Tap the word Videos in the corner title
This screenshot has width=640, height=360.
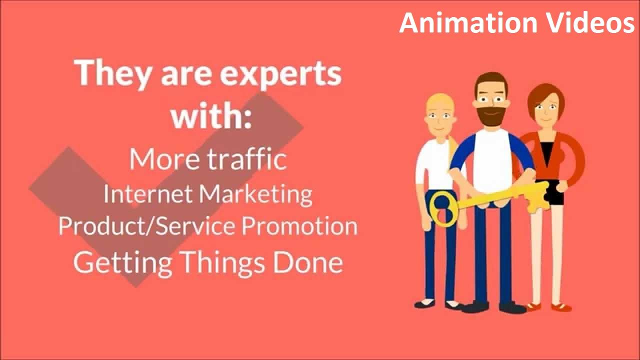point(587,23)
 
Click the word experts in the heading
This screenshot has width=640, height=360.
point(280,73)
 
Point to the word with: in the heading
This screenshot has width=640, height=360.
point(210,115)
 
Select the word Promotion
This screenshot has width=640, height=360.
point(299,226)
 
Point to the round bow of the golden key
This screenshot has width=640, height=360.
point(442,207)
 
